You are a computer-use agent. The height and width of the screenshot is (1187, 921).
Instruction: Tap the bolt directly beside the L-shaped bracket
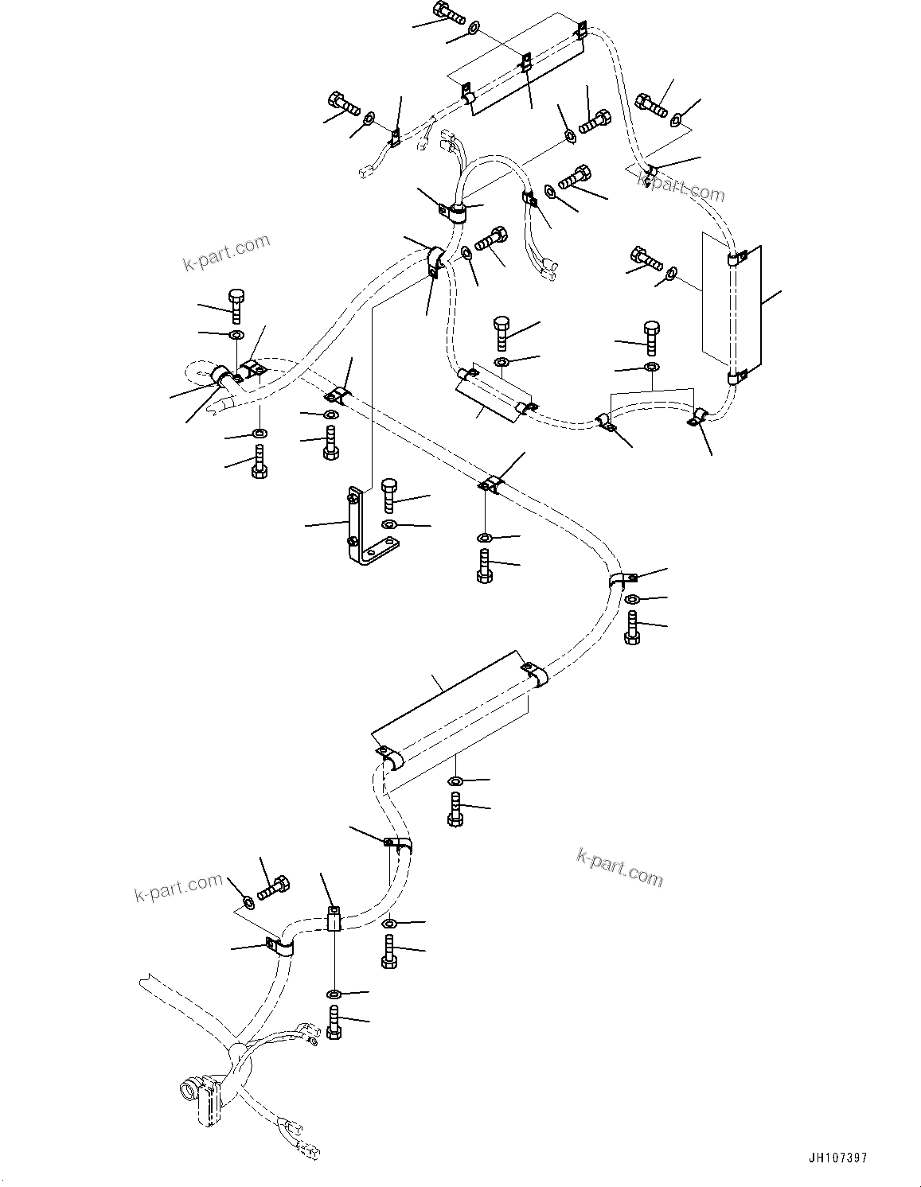pos(389,495)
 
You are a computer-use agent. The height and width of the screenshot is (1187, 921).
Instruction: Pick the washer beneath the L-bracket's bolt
pos(388,524)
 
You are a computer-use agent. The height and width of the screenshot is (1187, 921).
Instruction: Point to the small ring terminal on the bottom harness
pos(310,1035)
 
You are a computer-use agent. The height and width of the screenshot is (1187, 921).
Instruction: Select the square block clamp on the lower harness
pos(334,919)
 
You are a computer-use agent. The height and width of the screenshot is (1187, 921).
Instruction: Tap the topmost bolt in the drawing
pos(449,13)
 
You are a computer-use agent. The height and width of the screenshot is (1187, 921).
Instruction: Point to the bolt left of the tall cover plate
pos(647,258)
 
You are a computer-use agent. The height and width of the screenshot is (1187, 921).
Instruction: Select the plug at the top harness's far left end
pos(367,171)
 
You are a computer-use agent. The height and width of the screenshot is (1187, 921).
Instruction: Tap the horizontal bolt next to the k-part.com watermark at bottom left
pos(273,887)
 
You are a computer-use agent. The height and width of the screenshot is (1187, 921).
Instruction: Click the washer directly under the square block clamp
pos(334,994)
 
